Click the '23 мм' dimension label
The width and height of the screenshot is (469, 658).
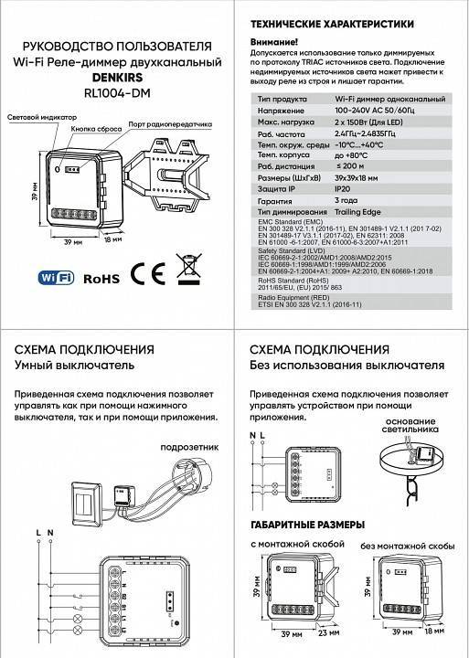pos(329,632)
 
